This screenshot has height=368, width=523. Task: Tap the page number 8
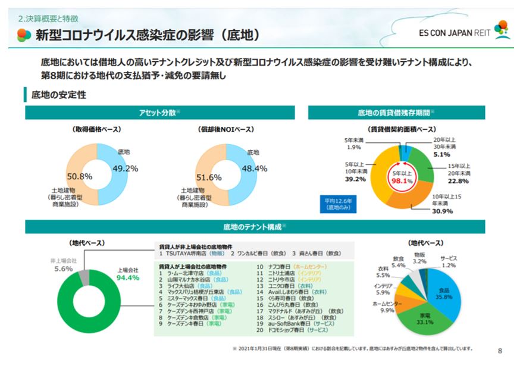point(499,351)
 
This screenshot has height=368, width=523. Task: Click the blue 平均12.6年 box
point(337,204)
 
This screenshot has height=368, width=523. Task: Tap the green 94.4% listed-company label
point(127,277)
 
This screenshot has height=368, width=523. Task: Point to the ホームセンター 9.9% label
point(387,306)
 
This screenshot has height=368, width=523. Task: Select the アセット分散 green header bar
point(159,113)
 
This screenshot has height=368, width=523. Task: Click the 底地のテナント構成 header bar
point(254,227)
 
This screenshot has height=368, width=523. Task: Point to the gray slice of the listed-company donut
point(84,277)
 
